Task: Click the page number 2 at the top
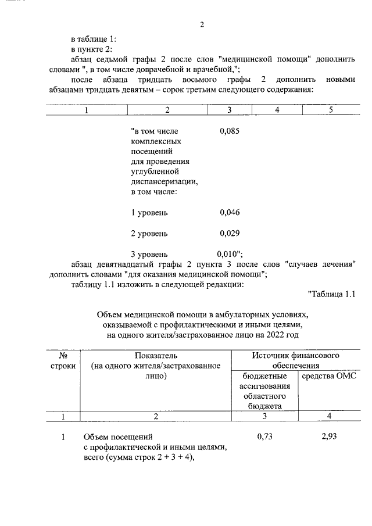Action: pos(202,24)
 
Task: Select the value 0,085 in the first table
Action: pos(230,131)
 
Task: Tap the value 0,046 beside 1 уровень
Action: pos(230,212)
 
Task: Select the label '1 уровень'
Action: pos(149,212)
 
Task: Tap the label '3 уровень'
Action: pos(149,254)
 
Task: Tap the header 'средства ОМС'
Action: pos(330,376)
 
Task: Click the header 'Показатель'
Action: pos(156,355)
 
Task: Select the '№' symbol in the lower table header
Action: pos(62,355)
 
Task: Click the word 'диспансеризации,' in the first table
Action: pos(164,181)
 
